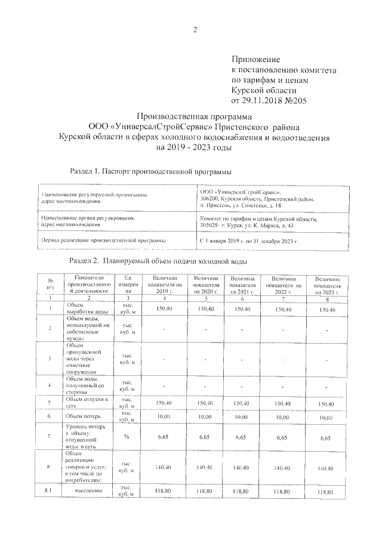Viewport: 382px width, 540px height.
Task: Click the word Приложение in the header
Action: [x=255, y=60]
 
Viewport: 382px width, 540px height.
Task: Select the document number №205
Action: [x=292, y=101]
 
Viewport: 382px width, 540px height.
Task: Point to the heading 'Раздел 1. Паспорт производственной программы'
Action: [x=150, y=171]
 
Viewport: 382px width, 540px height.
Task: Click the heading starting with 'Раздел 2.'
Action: [x=158, y=261]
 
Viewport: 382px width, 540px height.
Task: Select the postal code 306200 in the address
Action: [x=213, y=198]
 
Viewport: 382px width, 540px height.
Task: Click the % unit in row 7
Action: [x=127, y=437]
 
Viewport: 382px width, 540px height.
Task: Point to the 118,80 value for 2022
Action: [x=282, y=491]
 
